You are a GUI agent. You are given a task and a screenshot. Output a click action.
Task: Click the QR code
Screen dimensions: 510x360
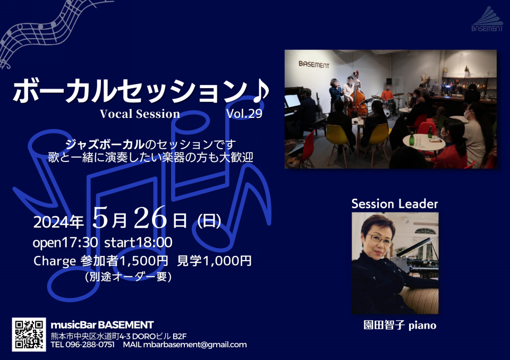29,335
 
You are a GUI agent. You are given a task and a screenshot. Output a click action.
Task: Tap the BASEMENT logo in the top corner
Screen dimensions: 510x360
487,19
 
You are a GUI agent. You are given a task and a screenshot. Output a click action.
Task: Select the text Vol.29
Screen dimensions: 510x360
244,114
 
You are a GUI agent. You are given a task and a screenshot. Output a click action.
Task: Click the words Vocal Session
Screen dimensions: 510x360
140,114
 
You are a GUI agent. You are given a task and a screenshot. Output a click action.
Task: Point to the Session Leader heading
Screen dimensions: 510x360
395,204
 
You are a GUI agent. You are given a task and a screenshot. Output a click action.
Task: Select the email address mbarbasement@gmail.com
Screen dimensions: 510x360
195,345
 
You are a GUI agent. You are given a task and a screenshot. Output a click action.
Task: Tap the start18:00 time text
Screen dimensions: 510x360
138,243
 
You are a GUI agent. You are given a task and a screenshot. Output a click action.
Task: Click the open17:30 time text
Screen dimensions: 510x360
65,243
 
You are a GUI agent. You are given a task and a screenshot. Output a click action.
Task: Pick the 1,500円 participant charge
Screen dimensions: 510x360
144,261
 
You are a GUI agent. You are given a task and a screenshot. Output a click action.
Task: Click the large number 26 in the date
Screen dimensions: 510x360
150,218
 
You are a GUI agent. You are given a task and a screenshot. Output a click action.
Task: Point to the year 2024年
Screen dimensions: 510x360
58,222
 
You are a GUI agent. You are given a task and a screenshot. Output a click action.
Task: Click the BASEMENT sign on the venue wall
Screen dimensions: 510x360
314,64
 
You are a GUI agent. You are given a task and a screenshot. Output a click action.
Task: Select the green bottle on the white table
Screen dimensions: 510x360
412,139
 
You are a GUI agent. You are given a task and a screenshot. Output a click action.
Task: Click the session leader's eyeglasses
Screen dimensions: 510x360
379,239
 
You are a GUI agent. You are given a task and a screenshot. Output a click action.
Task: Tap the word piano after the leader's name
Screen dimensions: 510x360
422,325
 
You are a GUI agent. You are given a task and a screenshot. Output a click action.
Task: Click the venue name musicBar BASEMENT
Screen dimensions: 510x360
102,325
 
